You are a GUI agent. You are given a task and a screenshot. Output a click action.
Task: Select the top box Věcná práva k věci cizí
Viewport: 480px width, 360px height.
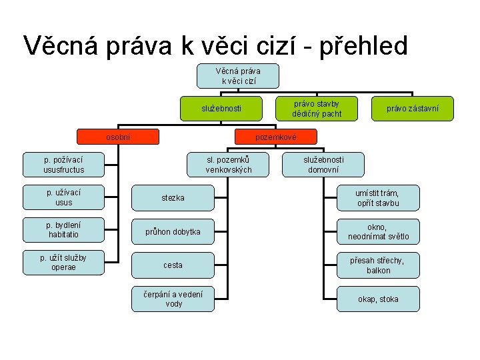pyautogui.click(x=238, y=76)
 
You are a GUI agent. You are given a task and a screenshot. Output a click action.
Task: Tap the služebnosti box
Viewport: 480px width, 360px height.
pyautogui.click(x=222, y=108)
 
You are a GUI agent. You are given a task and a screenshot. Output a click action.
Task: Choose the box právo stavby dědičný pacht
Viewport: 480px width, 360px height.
pyautogui.click(x=317, y=108)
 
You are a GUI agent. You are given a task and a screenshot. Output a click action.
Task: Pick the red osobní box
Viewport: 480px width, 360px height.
pyautogui.click(x=119, y=137)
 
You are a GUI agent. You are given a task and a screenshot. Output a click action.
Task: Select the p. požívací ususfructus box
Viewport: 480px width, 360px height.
pyautogui.click(x=64, y=165)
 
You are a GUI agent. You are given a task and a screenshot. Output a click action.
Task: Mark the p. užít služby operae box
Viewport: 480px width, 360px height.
pyautogui.click(x=64, y=262)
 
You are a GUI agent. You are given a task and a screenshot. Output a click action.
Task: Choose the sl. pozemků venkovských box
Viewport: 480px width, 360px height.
pyautogui.click(x=229, y=165)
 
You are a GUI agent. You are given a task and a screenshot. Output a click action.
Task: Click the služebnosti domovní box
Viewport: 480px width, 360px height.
pyautogui.click(x=323, y=165)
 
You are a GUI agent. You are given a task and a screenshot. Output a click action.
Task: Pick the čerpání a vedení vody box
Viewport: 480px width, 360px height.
pyautogui.click(x=173, y=299)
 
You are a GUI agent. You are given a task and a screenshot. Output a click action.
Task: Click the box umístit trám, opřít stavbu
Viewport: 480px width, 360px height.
pyautogui.click(x=378, y=198)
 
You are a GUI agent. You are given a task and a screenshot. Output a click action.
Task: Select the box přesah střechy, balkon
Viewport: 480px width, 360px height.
pyautogui.click(x=378, y=265)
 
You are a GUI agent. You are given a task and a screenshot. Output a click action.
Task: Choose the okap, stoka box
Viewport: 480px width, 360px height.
pyautogui.click(x=378, y=299)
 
